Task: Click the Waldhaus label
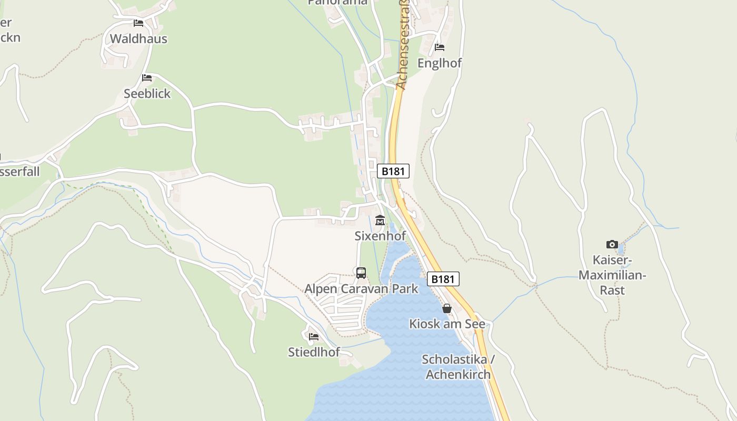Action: (x=138, y=38)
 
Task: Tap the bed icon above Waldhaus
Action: (x=138, y=23)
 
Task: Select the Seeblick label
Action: (x=147, y=94)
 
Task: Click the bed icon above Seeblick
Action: (x=147, y=78)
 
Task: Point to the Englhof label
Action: (x=440, y=63)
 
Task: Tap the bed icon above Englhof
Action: (x=440, y=47)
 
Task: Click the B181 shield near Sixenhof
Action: (x=393, y=171)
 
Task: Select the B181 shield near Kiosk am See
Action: (x=443, y=279)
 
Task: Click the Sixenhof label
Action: (x=380, y=236)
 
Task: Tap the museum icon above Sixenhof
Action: (x=380, y=220)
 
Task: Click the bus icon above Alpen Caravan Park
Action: (x=361, y=273)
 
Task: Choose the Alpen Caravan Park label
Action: (x=361, y=289)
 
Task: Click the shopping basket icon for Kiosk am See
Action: (x=447, y=308)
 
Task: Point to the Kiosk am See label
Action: (x=447, y=324)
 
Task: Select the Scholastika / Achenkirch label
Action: (x=458, y=367)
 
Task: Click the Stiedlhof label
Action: (x=314, y=352)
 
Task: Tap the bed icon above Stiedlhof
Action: (x=314, y=336)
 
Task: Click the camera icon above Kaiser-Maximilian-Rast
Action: (x=612, y=244)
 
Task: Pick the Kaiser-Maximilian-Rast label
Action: (x=612, y=275)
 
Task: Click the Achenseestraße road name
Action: (x=402, y=45)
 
